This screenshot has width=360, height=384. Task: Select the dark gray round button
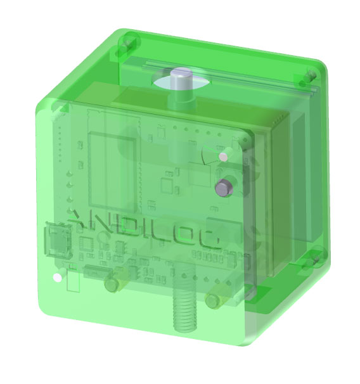(x=224, y=188)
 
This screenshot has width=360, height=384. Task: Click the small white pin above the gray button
(x=222, y=156)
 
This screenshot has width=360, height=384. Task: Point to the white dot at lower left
(x=57, y=278)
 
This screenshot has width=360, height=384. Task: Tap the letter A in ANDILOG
(x=83, y=222)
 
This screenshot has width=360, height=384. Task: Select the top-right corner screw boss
(x=310, y=77)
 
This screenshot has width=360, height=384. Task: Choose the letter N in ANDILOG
(x=105, y=224)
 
